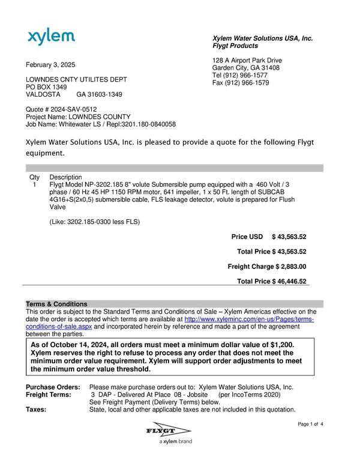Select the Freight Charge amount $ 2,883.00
point(291,266)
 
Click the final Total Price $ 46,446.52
point(291,281)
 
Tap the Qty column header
point(34,178)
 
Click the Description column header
point(65,178)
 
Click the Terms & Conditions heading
point(56,304)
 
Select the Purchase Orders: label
point(52,387)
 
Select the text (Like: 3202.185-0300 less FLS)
point(94,222)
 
